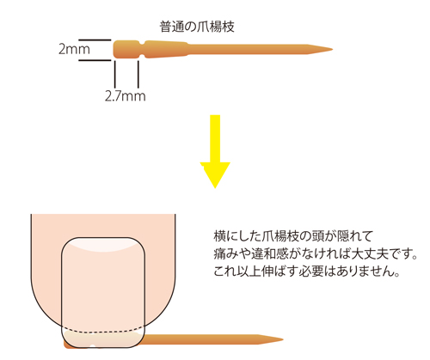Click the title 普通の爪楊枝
[197, 27]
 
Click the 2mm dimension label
[74, 49]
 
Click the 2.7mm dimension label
[126, 96]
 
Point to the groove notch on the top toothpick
[141, 49]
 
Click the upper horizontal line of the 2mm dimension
[95, 40]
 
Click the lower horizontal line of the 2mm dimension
[95, 60]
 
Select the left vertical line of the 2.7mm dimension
[115, 74]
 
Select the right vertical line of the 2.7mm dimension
[138, 74]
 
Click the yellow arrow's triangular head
[215, 174]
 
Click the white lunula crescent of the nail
[103, 245]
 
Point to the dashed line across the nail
[103, 331]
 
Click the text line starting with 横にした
[293, 236]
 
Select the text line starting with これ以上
[307, 272]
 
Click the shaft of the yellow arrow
[215, 139]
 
